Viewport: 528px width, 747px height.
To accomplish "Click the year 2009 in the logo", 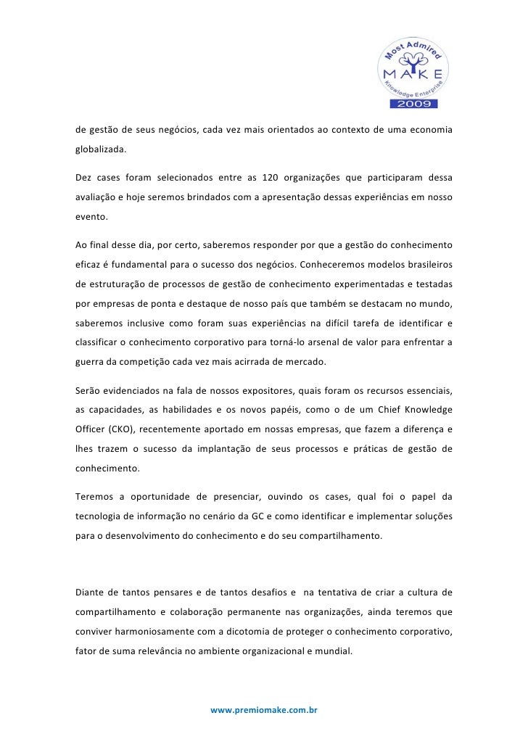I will tap(414, 104).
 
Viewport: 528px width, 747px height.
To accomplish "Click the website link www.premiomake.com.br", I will tap(264, 710).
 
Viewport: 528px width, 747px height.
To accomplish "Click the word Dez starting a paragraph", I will tap(84, 177).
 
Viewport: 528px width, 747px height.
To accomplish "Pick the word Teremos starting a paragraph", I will tap(96, 497).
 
